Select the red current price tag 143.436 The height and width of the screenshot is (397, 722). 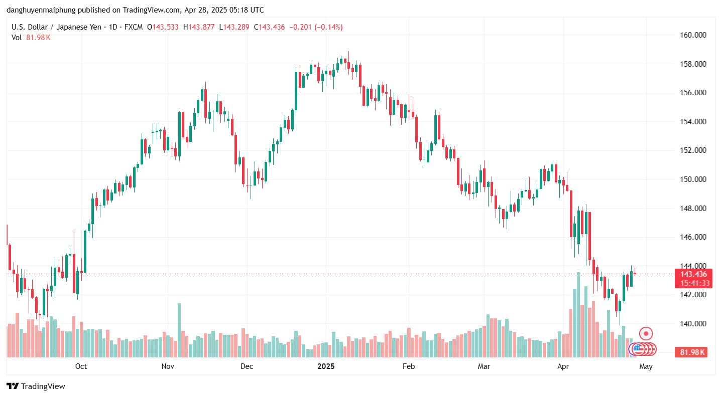coord(693,274)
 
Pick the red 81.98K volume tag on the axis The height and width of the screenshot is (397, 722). coord(693,352)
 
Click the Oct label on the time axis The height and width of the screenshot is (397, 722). coord(81,366)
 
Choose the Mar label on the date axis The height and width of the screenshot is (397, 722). coord(484,366)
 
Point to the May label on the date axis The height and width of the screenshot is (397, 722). coord(646,366)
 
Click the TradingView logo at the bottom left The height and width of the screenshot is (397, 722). coord(36,386)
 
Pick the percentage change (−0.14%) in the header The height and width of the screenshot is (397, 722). coord(328,27)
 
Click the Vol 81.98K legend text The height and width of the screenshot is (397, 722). coord(31,37)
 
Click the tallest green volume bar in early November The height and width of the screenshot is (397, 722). coord(179,330)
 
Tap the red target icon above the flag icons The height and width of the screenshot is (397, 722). coord(646,333)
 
